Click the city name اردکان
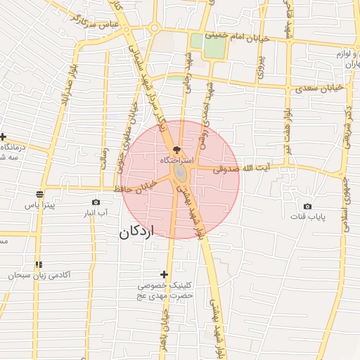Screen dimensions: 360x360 136,231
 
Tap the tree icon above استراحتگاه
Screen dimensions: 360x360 176,150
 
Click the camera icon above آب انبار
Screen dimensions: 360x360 96,202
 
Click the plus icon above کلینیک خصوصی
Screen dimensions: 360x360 165,274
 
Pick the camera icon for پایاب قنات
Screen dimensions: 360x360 307,206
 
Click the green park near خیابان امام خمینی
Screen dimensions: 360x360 210,46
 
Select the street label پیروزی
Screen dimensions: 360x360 259,63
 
